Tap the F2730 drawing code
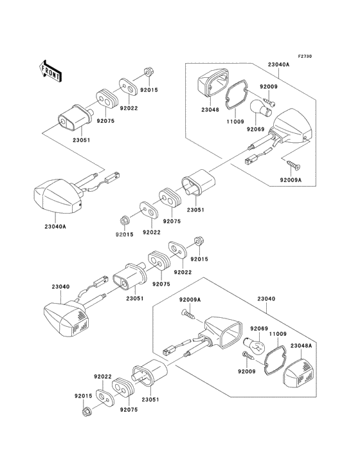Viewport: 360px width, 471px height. (x=305, y=56)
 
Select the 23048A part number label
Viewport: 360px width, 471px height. (x=301, y=346)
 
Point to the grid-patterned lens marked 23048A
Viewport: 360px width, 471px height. (x=298, y=373)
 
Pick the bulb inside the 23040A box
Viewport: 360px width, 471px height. (x=260, y=109)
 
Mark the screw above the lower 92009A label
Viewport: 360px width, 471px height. (x=188, y=314)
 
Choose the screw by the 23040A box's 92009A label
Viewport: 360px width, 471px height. (x=293, y=165)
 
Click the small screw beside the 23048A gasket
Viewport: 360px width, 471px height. (x=248, y=356)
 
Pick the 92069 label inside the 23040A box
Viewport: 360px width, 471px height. (x=256, y=129)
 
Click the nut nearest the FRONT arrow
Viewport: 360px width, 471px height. (x=148, y=73)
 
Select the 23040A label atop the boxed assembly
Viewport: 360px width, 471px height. (x=279, y=64)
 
